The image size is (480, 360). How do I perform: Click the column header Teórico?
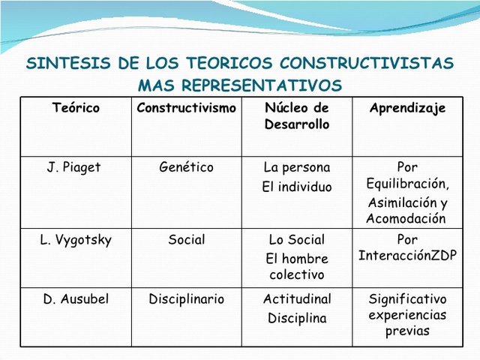76,108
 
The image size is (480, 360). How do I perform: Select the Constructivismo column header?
186,108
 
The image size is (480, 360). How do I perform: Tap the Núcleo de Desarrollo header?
297,116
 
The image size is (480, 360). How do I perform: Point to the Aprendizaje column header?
407,108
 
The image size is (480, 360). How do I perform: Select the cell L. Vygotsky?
76,240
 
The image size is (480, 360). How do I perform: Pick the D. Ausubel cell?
76,298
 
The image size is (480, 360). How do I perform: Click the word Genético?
186,167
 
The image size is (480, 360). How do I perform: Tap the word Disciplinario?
186,298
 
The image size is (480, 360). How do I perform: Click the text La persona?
297,167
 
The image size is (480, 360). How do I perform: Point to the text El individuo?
297,187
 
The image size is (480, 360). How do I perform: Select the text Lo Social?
297,240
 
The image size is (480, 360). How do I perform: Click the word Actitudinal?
297,298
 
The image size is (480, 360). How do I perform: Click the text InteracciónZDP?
407,255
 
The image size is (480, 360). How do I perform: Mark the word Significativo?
407,298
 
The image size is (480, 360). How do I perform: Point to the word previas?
407,331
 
